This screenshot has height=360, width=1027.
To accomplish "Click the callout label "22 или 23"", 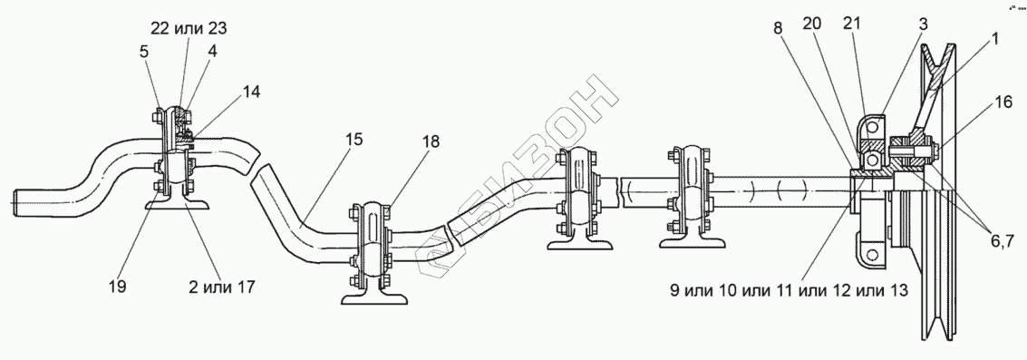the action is pos(189,27).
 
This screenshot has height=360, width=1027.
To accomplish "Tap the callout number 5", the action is pos(144,51).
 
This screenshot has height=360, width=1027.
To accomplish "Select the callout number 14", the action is pos(251,92).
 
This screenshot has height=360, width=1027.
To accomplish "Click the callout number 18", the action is pos(431,141).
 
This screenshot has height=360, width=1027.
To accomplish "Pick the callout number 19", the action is pos(119,287).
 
